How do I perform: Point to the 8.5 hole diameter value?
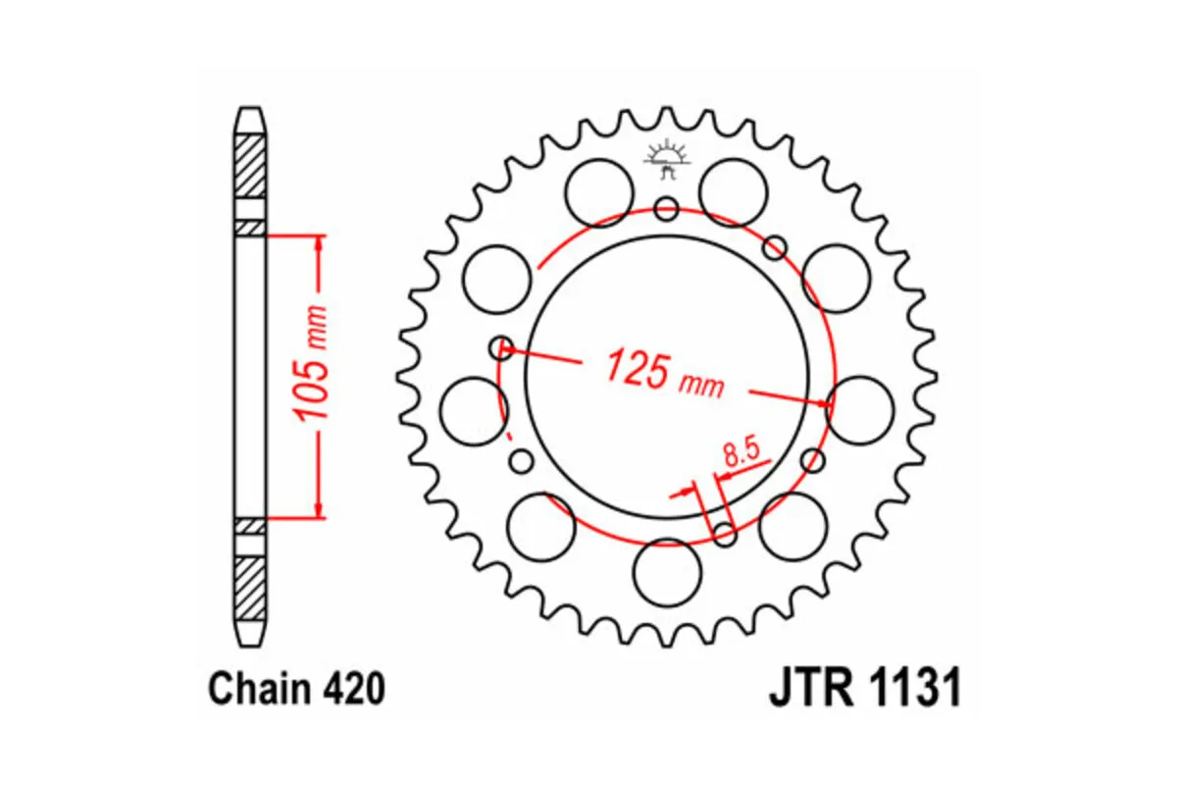741,452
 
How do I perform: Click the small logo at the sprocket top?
666,157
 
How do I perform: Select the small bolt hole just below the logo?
666,208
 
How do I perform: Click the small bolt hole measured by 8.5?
725,534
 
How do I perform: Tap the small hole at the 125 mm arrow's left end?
502,345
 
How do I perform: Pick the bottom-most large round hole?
667,571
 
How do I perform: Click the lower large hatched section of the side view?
251,586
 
